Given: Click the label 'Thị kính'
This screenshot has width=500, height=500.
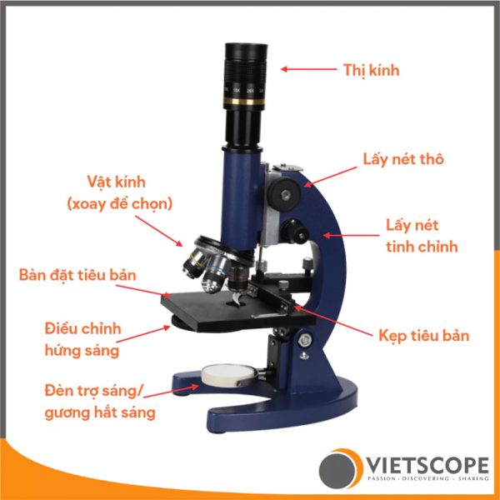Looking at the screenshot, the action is [x=371, y=70].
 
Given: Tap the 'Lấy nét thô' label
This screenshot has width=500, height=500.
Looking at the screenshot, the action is [x=403, y=159].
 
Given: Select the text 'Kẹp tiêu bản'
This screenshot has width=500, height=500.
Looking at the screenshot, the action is [x=424, y=336].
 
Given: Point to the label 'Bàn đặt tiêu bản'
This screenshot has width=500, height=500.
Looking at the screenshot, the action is [x=77, y=275].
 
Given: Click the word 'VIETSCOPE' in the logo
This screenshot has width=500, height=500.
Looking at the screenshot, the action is [x=428, y=465].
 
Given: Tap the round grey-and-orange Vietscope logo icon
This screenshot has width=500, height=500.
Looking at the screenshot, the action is [x=341, y=468].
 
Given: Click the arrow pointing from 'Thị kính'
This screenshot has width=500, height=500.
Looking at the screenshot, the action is [x=308, y=69].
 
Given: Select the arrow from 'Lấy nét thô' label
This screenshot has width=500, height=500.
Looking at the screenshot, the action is [x=330, y=177].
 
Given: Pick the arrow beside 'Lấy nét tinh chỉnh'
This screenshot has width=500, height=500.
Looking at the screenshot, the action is [x=351, y=236].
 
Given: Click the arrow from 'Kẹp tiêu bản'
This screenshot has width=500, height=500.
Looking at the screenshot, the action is [x=332, y=321].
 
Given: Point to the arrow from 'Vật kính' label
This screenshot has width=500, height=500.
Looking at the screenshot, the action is [x=158, y=231].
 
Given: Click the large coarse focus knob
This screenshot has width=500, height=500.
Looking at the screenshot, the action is [x=283, y=194].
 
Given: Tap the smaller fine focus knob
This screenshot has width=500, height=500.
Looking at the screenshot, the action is [x=295, y=231].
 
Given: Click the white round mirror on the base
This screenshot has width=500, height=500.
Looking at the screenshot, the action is [x=228, y=375].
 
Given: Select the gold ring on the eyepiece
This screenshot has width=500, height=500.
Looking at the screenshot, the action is [x=244, y=102].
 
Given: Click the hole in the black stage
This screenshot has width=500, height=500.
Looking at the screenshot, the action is [x=236, y=303].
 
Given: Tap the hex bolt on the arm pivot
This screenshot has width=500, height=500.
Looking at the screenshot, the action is [x=305, y=341].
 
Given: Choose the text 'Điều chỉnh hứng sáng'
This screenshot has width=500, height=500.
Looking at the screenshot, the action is [x=82, y=340].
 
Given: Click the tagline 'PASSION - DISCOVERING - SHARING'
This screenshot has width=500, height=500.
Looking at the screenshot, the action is [x=428, y=478].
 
